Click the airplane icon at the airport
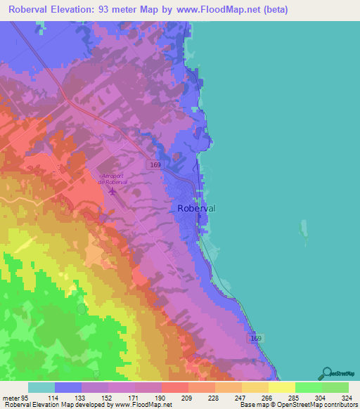(x=112, y=190)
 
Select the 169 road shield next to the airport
(x=155, y=164)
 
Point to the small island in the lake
(x=305, y=231)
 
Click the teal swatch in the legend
(x=41, y=387)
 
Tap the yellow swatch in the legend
(x=281, y=387)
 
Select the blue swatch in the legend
(x=68, y=387)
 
